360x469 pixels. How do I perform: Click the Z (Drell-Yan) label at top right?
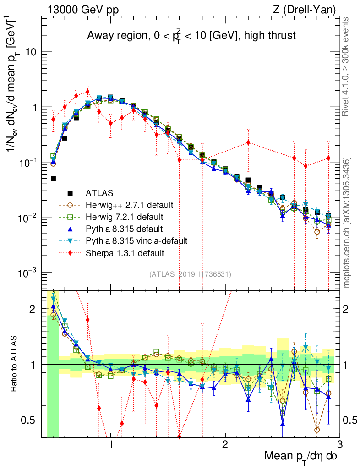309,9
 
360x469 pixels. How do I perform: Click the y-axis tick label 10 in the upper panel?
31,52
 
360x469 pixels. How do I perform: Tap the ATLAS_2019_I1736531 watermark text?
190,274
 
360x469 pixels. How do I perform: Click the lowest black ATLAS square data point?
53,179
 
